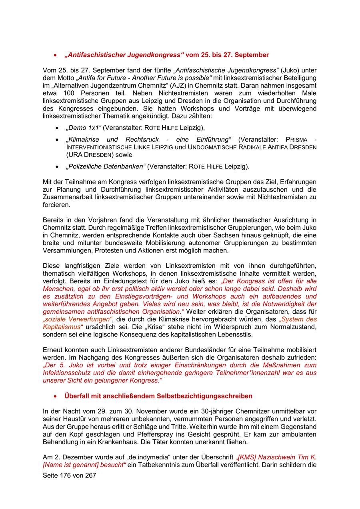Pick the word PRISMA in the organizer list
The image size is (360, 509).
pos(296,140)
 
